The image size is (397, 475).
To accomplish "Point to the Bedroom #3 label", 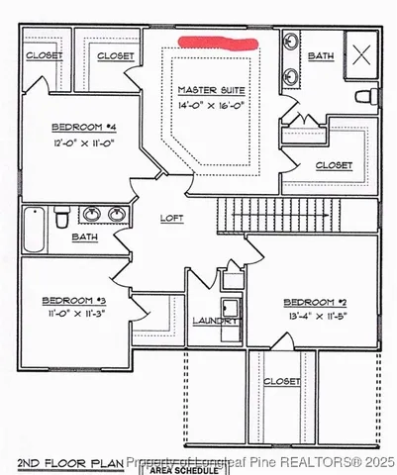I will (x=73, y=301).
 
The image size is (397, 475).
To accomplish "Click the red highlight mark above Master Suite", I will (x=217, y=43).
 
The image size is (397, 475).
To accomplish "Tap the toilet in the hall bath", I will (x=61, y=215).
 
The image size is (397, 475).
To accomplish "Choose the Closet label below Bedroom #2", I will (x=282, y=380).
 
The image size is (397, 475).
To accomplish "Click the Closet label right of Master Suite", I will (x=333, y=165).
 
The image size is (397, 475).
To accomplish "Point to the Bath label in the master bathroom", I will (x=321, y=56).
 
